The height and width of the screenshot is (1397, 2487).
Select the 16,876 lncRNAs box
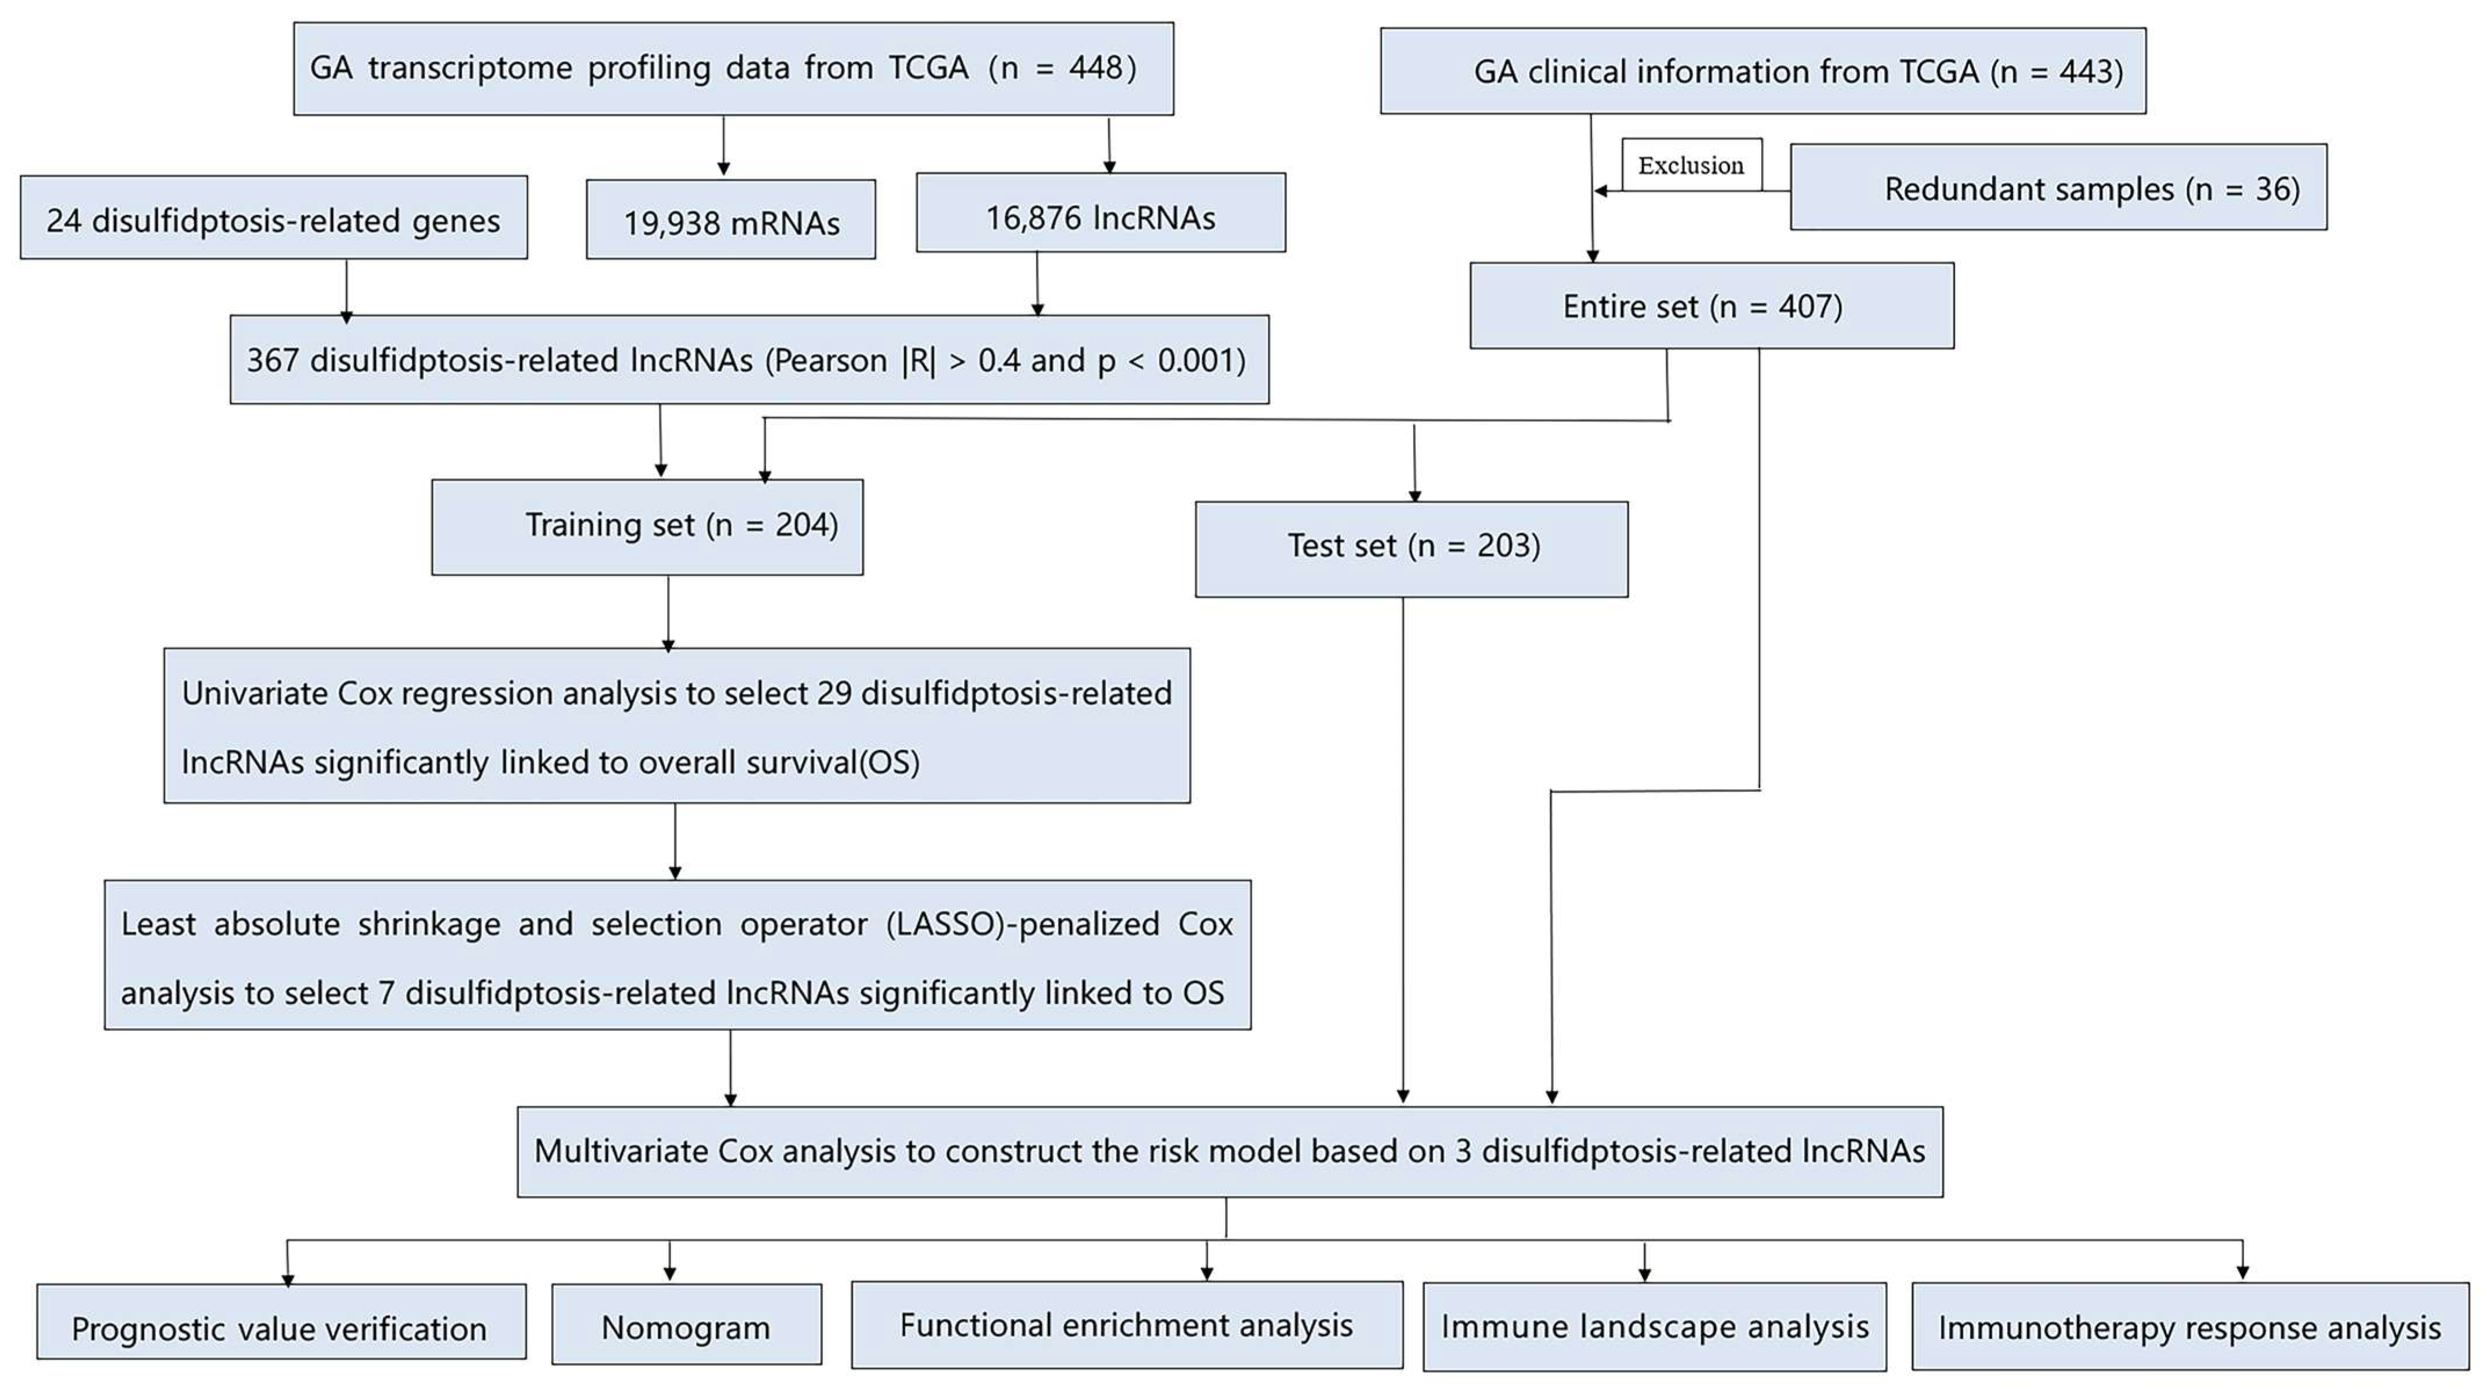click(x=1101, y=214)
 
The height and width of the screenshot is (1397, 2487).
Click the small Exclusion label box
click(x=1691, y=165)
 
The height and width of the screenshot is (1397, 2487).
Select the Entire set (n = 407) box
click(x=1711, y=306)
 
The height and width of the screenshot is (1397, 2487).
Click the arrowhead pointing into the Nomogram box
click(x=669, y=1275)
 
